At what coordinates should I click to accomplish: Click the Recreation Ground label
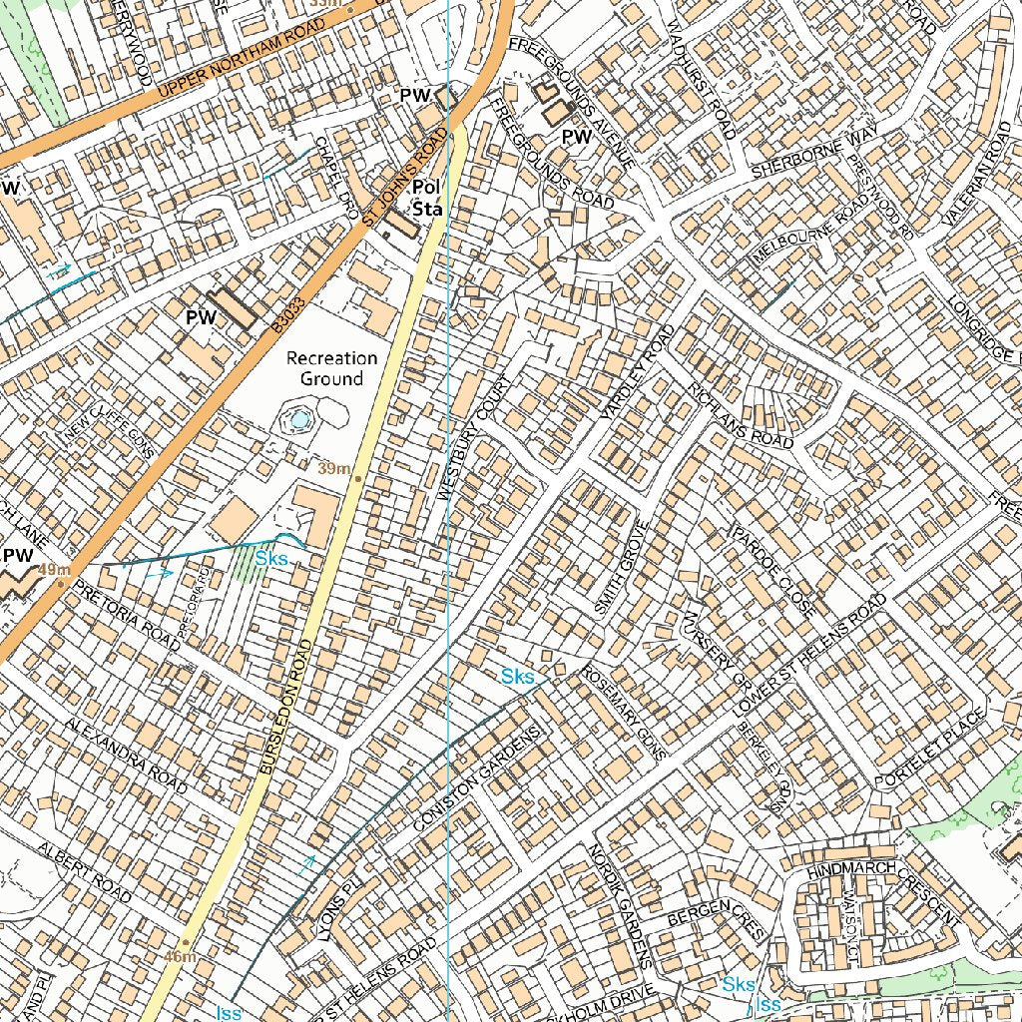pyautogui.click(x=331, y=368)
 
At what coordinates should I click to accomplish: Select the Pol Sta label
pyautogui.click(x=427, y=198)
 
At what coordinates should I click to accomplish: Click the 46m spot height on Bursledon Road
pyautogui.click(x=181, y=956)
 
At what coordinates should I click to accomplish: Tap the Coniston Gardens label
pyautogui.click(x=481, y=777)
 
